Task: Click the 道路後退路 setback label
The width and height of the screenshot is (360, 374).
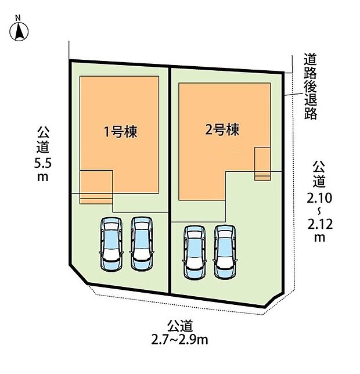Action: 310,86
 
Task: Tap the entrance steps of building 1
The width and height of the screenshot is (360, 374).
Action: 96,197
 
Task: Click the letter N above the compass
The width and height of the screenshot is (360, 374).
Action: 18,18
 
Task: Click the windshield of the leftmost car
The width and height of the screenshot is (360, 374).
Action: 111,236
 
